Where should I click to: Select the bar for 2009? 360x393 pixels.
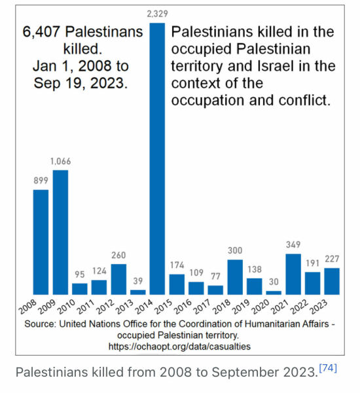click(60, 233)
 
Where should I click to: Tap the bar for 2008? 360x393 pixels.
click(41, 242)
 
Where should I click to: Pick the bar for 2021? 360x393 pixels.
click(293, 274)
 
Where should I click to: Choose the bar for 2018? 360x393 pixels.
click(235, 277)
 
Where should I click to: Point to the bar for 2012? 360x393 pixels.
click(118, 279)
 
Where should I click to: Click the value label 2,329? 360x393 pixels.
click(157, 14)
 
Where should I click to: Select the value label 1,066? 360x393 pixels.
click(60, 160)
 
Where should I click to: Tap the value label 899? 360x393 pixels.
click(41, 180)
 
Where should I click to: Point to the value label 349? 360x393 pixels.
click(293, 244)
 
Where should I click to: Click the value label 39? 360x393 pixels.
click(137, 280)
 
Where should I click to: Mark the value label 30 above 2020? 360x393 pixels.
click(274, 282)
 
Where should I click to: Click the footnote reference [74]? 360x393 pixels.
click(328, 368)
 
